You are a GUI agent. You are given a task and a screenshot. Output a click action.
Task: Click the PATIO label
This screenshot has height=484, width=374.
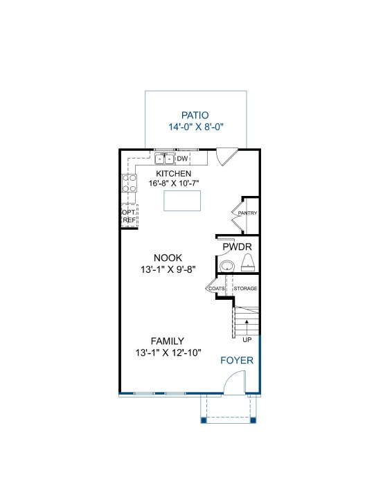click(195, 115)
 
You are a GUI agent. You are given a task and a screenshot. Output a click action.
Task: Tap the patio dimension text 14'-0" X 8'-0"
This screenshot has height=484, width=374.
click(196, 127)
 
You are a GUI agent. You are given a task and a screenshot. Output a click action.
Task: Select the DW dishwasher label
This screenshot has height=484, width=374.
click(182, 159)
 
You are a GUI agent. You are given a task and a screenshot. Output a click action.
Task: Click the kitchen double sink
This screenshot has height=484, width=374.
click(165, 159)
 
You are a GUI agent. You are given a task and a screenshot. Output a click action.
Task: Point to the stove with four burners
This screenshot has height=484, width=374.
click(130, 183)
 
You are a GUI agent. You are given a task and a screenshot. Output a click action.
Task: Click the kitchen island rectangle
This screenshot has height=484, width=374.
click(182, 201)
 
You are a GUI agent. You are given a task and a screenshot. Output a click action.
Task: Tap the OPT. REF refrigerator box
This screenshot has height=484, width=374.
click(130, 216)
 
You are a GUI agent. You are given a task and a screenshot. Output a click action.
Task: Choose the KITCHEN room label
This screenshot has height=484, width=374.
click(174, 174)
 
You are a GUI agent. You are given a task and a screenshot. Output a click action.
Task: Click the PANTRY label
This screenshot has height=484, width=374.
click(247, 213)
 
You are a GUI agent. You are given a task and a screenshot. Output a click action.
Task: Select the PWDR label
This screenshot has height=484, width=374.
click(237, 247)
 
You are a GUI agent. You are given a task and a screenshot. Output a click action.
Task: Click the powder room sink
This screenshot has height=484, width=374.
click(227, 266)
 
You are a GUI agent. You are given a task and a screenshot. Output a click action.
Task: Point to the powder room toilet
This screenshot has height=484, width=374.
click(248, 262)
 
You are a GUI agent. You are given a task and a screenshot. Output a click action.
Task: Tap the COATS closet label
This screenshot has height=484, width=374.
click(217, 289)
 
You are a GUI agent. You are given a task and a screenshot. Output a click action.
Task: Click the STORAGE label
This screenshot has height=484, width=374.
click(245, 288)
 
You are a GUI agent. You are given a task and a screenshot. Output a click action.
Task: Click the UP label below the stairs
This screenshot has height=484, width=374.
click(247, 340)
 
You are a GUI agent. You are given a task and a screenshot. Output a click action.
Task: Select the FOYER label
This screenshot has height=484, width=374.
click(237, 360)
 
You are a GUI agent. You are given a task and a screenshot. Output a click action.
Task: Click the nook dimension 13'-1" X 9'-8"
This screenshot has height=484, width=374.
click(168, 269)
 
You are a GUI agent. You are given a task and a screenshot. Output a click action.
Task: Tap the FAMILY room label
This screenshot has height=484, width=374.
click(168, 341)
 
